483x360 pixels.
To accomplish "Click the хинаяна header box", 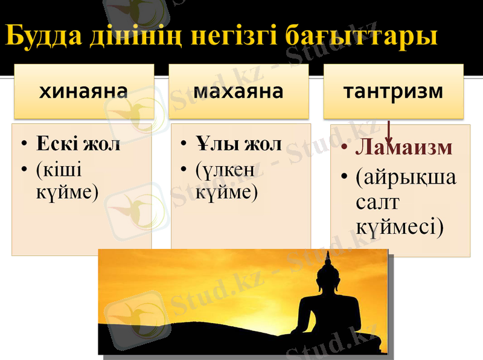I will (x=83, y=92).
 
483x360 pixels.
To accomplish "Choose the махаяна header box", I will (x=238, y=92).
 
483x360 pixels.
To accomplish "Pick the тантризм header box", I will (x=393, y=92).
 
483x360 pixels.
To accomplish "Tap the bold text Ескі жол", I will (x=78, y=144).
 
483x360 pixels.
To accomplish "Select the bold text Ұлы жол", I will (x=238, y=144).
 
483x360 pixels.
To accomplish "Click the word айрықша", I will (x=406, y=178).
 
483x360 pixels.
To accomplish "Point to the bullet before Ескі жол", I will (x=24, y=146).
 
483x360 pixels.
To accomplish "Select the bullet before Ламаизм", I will (x=344, y=149).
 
